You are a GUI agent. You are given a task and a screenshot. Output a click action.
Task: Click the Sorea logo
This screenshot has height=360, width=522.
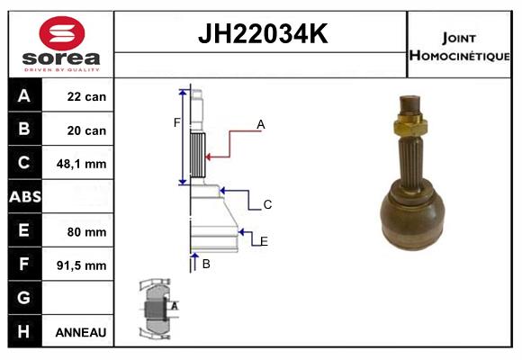point(61,45)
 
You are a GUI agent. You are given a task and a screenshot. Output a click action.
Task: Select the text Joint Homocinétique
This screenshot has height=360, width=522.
point(460,46)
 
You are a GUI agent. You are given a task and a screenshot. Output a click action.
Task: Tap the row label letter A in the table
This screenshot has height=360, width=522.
point(24,95)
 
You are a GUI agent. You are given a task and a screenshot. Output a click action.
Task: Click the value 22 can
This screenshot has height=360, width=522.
point(86,96)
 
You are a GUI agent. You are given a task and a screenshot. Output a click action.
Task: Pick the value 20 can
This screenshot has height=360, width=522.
point(86,130)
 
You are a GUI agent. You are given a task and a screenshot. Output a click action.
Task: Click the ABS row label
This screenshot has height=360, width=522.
point(24,197)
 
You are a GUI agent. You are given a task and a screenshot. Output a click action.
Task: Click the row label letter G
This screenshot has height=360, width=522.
point(24,298)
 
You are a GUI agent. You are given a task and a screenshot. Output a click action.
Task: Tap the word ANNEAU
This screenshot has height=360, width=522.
point(81,332)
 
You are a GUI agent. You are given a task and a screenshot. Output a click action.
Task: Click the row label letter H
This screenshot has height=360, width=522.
point(24,332)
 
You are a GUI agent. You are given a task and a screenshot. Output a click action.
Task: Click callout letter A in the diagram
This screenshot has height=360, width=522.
point(261,124)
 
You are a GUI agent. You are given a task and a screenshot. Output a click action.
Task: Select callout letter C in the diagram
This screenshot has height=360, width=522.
point(267,205)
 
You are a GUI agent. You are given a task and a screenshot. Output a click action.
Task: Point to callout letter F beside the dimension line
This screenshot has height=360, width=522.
point(177,122)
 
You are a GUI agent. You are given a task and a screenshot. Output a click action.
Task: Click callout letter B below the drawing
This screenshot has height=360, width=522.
point(206,264)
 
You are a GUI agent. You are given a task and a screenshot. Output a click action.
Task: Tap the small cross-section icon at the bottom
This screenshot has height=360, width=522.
point(154,310)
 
